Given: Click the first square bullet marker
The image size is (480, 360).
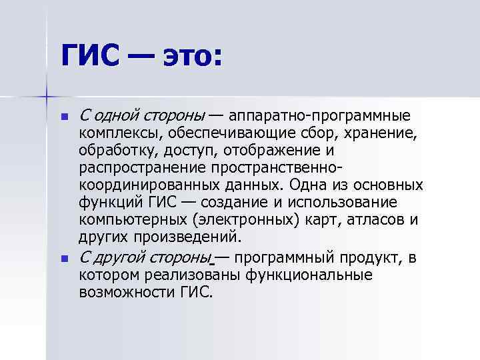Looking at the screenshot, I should pos(64,117).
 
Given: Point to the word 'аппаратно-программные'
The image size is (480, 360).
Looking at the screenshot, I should pos(327,116).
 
